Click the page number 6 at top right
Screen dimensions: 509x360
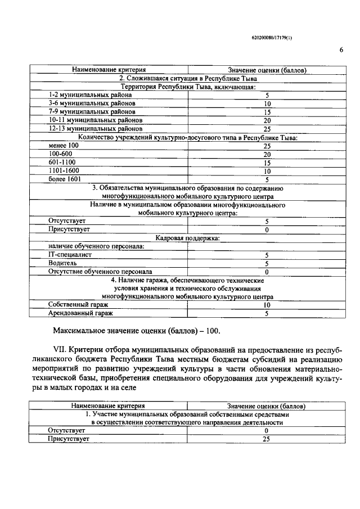coord(341,49)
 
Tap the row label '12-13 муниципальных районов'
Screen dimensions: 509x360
coord(87,129)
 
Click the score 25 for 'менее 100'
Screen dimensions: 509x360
coord(267,146)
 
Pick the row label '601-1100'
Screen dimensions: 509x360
coord(61,162)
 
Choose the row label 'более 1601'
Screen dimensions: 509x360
coord(65,179)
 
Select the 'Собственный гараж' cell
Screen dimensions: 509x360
coord(76,305)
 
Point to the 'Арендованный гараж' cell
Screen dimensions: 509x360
coord(80,313)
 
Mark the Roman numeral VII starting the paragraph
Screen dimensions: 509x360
coord(61,350)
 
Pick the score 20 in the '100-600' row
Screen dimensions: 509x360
coord(267,154)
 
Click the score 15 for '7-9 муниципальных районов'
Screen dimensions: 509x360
coord(267,112)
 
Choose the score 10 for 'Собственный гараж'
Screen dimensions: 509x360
coord(267,305)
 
